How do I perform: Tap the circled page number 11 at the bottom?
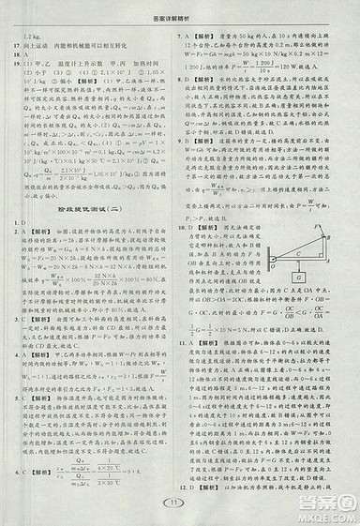point(180,506)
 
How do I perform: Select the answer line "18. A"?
point(22,53)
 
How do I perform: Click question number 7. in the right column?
point(193,33)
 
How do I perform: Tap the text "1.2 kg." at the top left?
point(26,33)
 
